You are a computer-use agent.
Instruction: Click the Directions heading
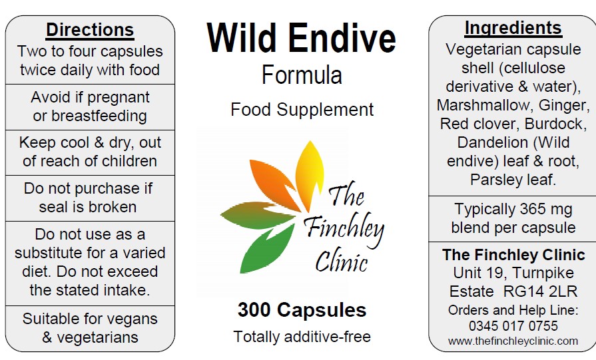(90, 30)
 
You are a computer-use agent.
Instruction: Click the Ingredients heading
(513, 29)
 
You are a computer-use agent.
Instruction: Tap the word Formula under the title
(302, 75)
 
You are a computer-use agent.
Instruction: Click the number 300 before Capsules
(254, 309)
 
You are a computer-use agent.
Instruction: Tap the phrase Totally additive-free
(302, 337)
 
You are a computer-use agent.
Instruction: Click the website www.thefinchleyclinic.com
(513, 341)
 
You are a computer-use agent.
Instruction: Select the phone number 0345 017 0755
(513, 326)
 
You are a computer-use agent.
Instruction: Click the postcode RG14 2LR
(540, 291)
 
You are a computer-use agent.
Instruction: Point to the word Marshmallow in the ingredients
(483, 105)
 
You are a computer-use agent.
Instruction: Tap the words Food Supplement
(302, 110)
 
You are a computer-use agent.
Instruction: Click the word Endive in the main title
(342, 38)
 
